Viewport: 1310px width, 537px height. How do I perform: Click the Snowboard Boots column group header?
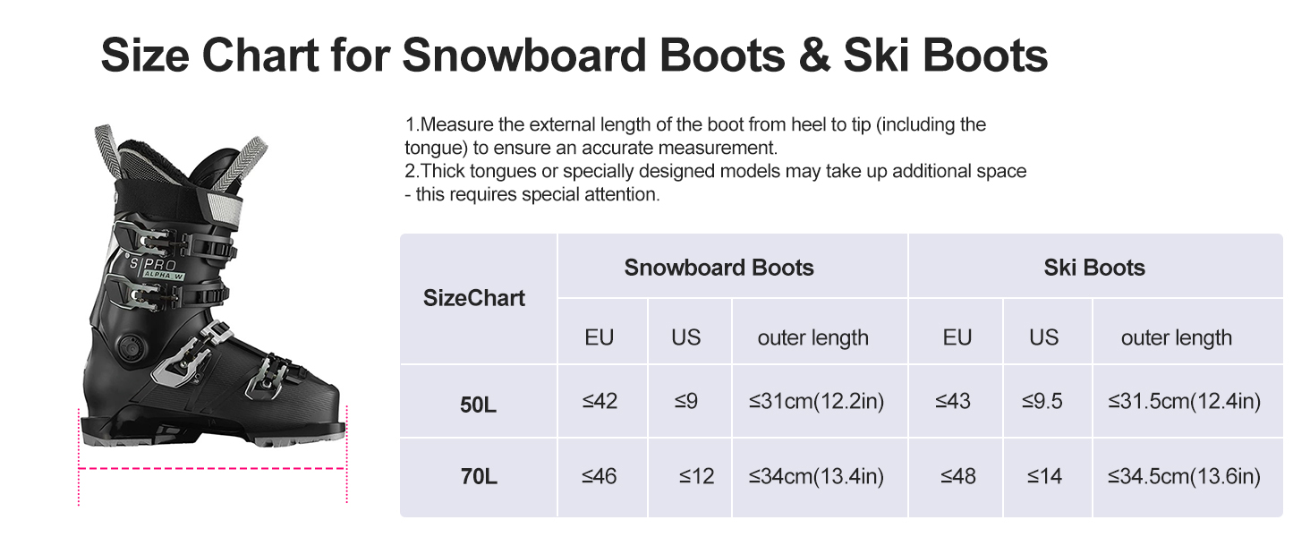(x=719, y=268)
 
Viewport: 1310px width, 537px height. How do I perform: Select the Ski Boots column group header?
(x=1094, y=268)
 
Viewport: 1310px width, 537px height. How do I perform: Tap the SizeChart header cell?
(x=473, y=298)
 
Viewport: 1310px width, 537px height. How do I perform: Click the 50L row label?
(x=478, y=405)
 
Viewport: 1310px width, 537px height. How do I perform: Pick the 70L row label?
(x=479, y=476)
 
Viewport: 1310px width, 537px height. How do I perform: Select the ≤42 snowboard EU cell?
(x=600, y=401)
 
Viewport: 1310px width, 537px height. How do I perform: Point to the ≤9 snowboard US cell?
(x=686, y=401)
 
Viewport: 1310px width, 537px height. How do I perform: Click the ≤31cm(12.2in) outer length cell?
(x=816, y=401)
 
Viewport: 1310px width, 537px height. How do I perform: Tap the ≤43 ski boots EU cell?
(x=953, y=401)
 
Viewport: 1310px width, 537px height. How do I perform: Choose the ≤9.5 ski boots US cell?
(x=1042, y=401)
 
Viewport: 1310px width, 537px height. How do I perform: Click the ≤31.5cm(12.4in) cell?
(x=1184, y=401)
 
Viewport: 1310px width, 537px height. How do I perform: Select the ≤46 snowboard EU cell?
(x=599, y=476)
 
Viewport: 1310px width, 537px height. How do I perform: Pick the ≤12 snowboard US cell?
(x=696, y=476)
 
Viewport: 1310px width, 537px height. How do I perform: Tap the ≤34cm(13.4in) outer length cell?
(x=816, y=477)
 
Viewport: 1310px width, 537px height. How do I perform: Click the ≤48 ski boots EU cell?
(x=958, y=476)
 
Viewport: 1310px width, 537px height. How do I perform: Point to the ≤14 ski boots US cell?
(x=1044, y=476)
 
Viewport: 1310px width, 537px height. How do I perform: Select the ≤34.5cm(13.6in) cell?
(x=1184, y=477)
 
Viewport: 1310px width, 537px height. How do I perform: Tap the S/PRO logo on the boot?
(x=153, y=264)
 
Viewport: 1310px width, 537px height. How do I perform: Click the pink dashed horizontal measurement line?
(x=212, y=469)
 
